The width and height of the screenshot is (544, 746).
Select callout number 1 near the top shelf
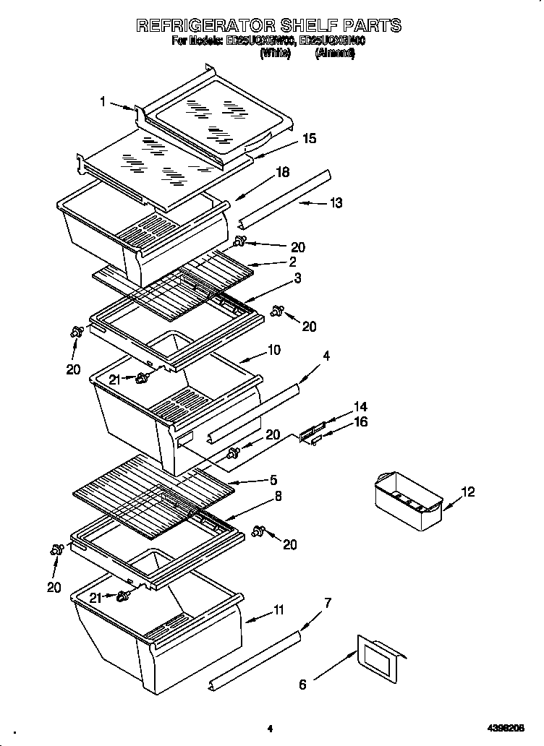tap(103, 103)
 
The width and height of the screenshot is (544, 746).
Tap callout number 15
tap(309, 139)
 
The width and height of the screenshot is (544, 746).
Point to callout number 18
tap(283, 172)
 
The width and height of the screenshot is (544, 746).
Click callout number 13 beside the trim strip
tap(336, 203)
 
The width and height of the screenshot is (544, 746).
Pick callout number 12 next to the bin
tap(469, 492)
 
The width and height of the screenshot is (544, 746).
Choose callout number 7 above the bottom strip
tap(328, 603)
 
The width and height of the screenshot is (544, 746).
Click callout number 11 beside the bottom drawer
tap(279, 611)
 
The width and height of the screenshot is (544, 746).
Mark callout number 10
tap(274, 351)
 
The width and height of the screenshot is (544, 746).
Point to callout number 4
tap(327, 356)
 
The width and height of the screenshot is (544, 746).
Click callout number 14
tap(360, 406)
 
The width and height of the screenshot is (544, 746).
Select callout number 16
tap(360, 422)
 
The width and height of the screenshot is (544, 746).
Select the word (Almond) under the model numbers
tap(335, 53)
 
